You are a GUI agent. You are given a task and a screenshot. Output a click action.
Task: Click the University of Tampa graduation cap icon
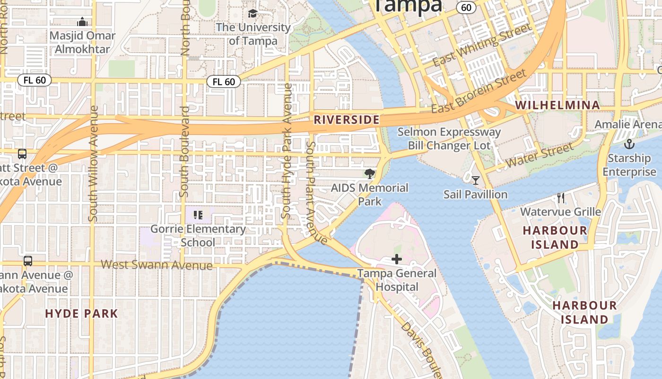click(253, 13)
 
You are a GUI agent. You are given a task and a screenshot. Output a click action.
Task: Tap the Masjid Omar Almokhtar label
click(82, 42)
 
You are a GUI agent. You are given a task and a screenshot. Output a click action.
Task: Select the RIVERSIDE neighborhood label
click(347, 120)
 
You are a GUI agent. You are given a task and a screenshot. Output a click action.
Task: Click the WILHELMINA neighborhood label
click(557, 105)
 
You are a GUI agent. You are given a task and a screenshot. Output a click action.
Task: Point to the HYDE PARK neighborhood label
click(82, 314)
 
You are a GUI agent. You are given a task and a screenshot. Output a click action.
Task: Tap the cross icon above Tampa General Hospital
click(397, 259)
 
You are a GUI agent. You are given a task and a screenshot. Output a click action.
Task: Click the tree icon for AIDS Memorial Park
click(369, 174)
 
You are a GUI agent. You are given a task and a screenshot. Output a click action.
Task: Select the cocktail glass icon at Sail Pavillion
click(475, 180)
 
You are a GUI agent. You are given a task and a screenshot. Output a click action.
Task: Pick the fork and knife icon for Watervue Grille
click(561, 198)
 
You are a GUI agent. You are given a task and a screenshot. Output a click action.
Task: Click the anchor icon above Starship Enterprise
click(629, 144)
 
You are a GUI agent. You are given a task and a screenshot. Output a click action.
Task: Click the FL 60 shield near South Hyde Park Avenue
click(224, 82)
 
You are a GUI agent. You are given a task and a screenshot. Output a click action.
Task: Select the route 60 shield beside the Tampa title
click(466, 7)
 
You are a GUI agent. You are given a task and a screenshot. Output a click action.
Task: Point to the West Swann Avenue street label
click(157, 265)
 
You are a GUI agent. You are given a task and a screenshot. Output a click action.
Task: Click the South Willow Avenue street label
click(93, 163)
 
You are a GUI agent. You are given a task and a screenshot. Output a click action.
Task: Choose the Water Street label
click(539, 156)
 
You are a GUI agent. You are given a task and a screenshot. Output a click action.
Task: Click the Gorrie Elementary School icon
click(198, 215)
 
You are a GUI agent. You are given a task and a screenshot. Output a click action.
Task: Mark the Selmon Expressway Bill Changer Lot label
click(449, 139)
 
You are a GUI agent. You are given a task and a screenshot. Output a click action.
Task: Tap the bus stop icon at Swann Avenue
click(28, 261)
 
